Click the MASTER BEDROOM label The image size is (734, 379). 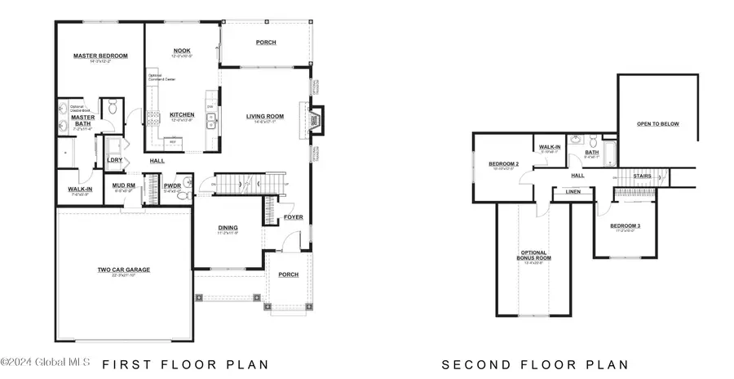tap(100, 56)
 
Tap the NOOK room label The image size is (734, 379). tap(181, 51)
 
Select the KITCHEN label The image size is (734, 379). tap(181, 114)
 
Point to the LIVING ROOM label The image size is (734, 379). tap(264, 116)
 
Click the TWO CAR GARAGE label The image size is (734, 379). tap(124, 269)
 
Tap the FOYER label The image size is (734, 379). tap(293, 216)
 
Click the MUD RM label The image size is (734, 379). tap(123, 185)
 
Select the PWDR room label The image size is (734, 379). tap(172, 185)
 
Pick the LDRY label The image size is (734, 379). tap(115, 160)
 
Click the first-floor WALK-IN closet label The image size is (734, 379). tap(80, 189)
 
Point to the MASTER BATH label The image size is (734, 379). tap(84, 120)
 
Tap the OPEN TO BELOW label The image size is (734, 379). tap(657, 124)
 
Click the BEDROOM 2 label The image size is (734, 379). tap(503, 163)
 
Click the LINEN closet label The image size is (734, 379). tap(572, 193)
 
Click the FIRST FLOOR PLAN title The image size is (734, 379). tap(185, 364)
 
